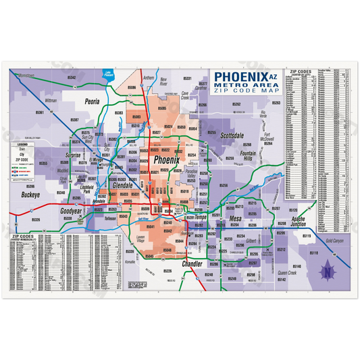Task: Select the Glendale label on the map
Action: pyautogui.click(x=123, y=184)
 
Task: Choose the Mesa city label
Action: pyautogui.click(x=235, y=220)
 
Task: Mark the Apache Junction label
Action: pyautogui.click(x=299, y=224)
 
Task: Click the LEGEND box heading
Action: pyautogui.click(x=22, y=145)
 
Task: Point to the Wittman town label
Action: pyautogui.click(x=50, y=99)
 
